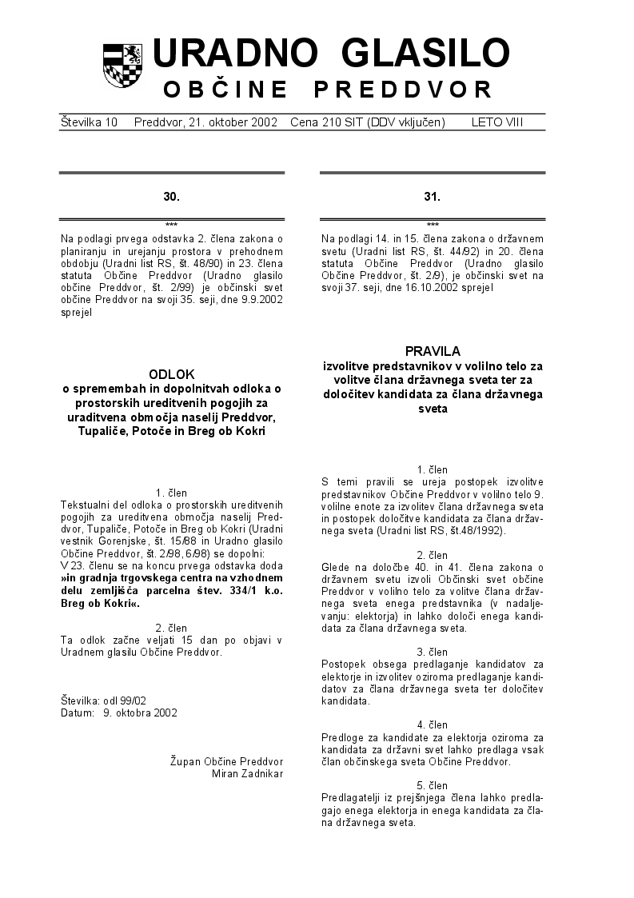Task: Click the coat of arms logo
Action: pos(122,65)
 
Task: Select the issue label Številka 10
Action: pos(89,122)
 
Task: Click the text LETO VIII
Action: pos(497,122)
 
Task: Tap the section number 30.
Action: pos(172,196)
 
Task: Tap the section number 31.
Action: pos(433,196)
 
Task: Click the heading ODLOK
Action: pos(172,373)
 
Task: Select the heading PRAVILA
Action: pos(433,350)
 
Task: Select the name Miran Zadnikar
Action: pos(247,773)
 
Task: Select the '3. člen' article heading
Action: pos(433,652)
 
